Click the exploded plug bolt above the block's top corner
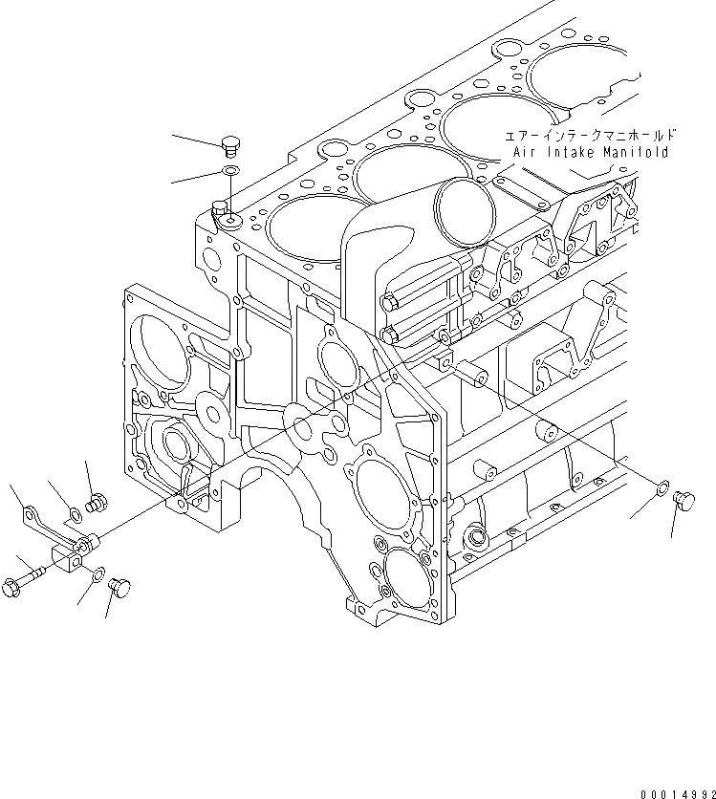pyautogui.click(x=228, y=145)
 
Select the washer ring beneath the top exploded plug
pyautogui.click(x=230, y=170)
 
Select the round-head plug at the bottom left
pyautogui.click(x=120, y=585)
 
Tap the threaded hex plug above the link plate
pyautogui.click(x=95, y=500)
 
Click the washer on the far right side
pyautogui.click(x=661, y=491)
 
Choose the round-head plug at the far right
pyautogui.click(x=683, y=498)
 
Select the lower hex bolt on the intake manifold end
pyautogui.click(x=389, y=335)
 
